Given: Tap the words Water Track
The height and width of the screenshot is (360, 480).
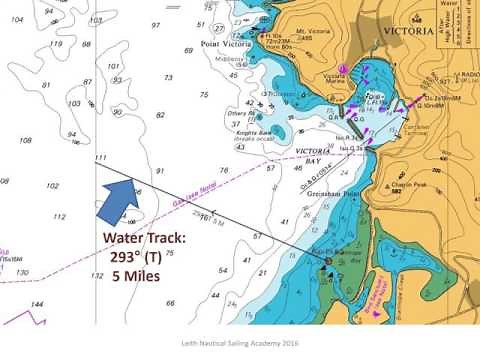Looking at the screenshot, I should tap(146, 239).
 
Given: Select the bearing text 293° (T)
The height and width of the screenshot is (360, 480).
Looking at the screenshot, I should tap(144, 257).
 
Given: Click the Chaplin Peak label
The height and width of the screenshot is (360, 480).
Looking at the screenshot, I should tap(411, 185).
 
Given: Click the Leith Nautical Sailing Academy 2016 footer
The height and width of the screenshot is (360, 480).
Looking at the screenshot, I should tap(241, 341).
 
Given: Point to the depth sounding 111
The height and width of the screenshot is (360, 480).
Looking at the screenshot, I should tap(99, 158).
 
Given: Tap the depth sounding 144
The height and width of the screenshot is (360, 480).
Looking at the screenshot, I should tap(38, 303).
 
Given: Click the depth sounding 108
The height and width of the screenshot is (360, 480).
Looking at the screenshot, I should tap(25, 141).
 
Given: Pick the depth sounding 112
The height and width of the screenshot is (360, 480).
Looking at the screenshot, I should tap(59, 216).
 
